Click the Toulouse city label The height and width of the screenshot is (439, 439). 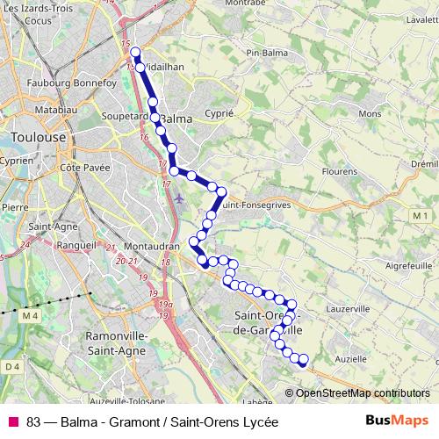39,138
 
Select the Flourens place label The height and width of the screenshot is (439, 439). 337,171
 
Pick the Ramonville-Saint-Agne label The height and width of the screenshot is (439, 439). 120,342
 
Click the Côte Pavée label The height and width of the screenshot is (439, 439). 82,166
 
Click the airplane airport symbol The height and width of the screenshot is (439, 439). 179,198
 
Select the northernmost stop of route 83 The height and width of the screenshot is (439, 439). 135,52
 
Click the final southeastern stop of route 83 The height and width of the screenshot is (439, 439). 304,359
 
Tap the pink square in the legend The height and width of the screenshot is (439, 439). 13,421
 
